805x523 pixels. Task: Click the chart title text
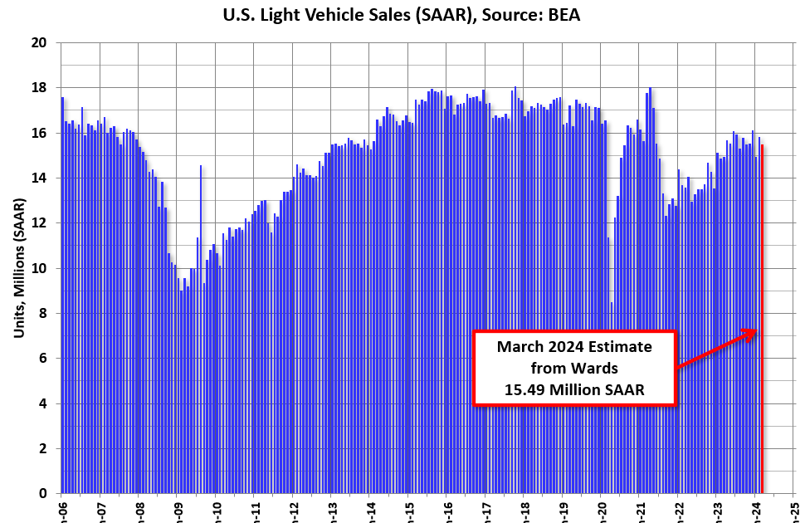(x=402, y=14)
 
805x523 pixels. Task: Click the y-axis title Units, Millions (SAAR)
(x=18, y=267)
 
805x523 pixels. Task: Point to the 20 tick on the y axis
(x=40, y=42)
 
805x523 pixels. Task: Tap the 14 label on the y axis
(x=40, y=178)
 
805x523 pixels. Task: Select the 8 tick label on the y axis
(x=43, y=313)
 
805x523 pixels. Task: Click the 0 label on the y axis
(x=43, y=494)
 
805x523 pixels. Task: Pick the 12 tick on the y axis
(x=40, y=222)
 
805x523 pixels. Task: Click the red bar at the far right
(x=763, y=332)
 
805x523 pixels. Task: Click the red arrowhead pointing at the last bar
(x=751, y=332)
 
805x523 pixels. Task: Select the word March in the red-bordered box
(x=521, y=346)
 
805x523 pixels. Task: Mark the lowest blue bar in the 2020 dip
(x=612, y=398)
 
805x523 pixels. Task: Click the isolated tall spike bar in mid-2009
(x=200, y=332)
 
